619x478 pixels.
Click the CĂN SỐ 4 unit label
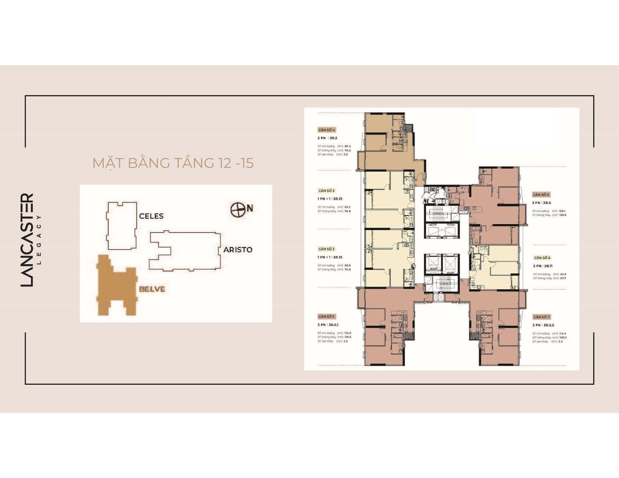[x=327, y=130]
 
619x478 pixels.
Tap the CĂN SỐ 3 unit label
[x=327, y=191]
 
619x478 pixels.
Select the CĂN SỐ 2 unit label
[x=327, y=249]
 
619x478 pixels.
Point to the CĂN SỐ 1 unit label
[x=327, y=317]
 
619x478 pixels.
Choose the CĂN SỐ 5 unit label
[x=541, y=195]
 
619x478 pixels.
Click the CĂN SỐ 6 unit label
[x=542, y=258]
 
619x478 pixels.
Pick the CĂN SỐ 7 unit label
[x=541, y=317]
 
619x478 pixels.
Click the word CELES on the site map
[x=151, y=216]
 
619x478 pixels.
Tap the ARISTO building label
[x=238, y=250]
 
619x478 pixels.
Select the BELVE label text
[x=152, y=289]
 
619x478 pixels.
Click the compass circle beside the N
[x=237, y=210]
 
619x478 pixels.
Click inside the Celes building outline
[x=121, y=226]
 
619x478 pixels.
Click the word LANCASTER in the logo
[x=27, y=240]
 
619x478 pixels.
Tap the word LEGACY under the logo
[x=40, y=240]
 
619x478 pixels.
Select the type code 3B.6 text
[x=547, y=203]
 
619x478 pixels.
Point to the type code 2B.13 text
[x=338, y=199]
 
